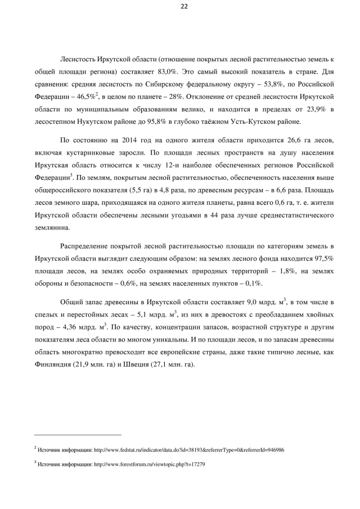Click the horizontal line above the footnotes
[77, 435]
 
